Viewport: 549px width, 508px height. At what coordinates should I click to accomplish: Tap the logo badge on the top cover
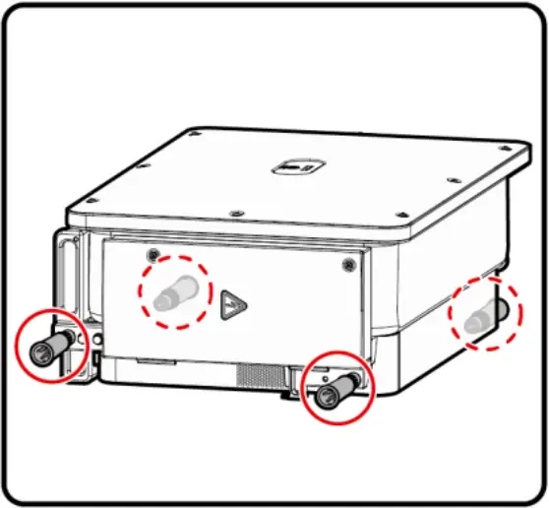click(x=292, y=167)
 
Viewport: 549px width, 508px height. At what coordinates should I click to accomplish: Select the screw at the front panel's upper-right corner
click(x=347, y=265)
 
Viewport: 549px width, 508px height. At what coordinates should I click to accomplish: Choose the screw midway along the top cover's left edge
click(x=138, y=169)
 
